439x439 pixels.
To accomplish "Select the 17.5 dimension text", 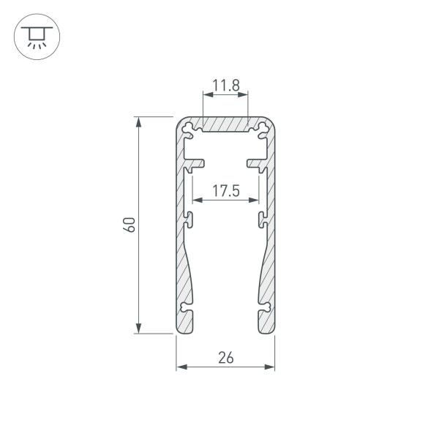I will coord(225,192).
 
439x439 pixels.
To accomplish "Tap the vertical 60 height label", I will coord(130,225).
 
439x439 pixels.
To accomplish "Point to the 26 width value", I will coord(225,358).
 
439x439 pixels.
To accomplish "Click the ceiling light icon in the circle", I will coord(34,35).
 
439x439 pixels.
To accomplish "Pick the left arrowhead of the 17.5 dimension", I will coord(195,199).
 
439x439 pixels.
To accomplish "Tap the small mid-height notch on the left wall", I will coord(190,217).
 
